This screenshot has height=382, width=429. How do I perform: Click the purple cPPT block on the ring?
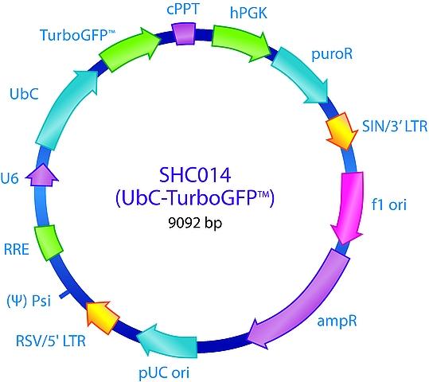click(x=184, y=33)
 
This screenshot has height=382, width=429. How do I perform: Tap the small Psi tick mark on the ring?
click(x=63, y=294)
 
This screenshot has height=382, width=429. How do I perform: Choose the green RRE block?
click(x=49, y=242)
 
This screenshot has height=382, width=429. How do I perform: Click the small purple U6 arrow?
click(x=42, y=176)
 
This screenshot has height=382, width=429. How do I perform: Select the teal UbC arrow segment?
click(x=64, y=110)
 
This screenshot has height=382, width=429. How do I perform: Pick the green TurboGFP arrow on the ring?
click(x=129, y=49)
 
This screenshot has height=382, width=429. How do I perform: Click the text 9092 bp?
click(x=195, y=223)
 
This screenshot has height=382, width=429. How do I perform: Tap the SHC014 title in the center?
click(x=195, y=175)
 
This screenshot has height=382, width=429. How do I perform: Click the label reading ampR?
click(x=337, y=321)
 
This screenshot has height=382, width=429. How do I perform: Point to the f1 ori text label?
click(x=388, y=205)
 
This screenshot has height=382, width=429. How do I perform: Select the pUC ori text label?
click(x=164, y=372)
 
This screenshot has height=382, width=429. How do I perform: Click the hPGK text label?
click(x=248, y=13)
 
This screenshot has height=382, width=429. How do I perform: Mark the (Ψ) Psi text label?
click(x=29, y=301)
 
